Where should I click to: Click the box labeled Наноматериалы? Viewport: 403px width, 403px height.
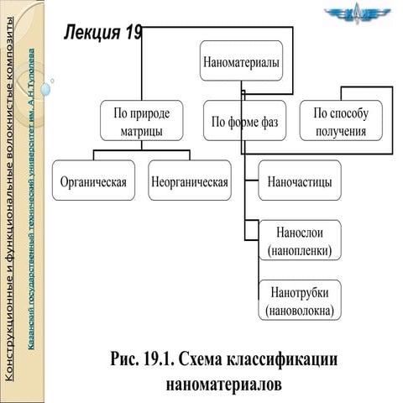pyautogui.click(x=241, y=61)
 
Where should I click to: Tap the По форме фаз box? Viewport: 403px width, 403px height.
pyautogui.click(x=244, y=123)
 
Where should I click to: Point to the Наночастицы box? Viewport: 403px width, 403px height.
pyautogui.click(x=299, y=181)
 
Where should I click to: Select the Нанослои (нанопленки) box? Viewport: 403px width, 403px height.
pyautogui.click(x=300, y=240)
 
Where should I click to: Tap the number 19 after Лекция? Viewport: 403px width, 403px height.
pyautogui.click(x=133, y=32)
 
